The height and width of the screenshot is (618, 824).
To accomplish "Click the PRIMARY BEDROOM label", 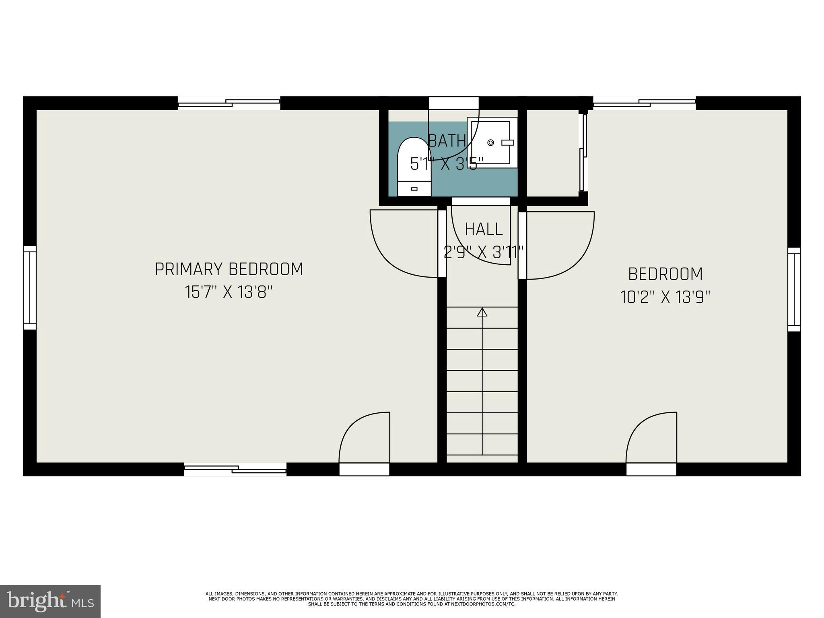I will (229, 269).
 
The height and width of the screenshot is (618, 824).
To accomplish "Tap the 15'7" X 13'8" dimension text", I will (229, 292).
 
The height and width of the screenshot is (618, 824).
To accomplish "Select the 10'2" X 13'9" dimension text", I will (665, 298).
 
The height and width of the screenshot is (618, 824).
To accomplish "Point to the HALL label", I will (484, 229).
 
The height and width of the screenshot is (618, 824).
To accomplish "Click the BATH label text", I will (447, 141).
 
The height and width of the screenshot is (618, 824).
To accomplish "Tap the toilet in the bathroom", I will (414, 167).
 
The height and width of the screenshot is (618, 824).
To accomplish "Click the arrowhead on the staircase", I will (482, 312).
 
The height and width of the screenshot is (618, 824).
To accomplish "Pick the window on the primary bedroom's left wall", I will (30, 287).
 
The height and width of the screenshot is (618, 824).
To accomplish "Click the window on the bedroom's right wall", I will (794, 289).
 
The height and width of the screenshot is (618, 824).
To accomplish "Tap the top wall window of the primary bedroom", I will (229, 103).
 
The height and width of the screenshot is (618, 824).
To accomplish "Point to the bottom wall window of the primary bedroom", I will (235, 469).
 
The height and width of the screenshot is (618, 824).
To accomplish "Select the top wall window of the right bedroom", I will (645, 103).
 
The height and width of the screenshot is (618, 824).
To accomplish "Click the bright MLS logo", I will (50, 601).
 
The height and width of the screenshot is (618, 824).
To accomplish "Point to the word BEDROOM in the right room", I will (665, 274).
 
